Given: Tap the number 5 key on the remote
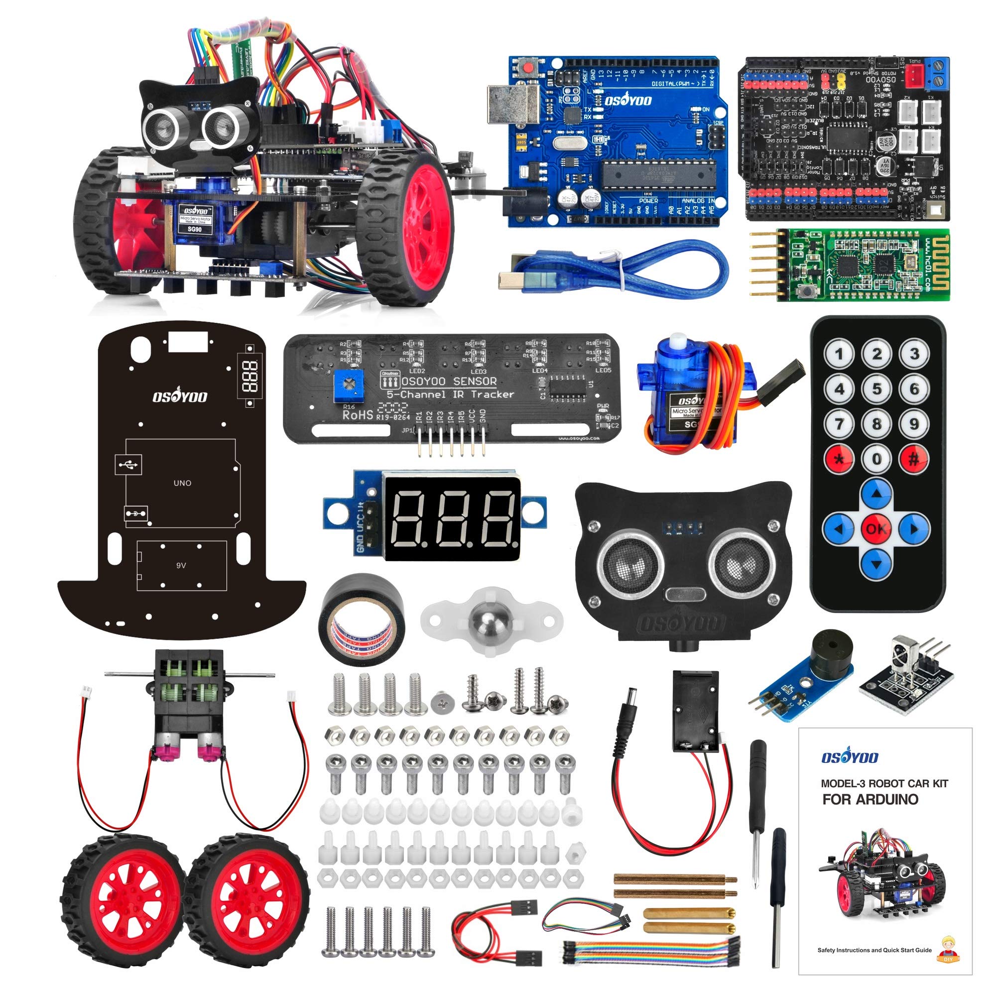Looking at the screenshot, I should coord(876,389).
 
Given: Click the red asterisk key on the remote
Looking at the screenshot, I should coord(839,459).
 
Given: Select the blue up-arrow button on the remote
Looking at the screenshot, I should coord(876,494).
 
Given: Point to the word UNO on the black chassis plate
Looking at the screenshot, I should coord(182,483).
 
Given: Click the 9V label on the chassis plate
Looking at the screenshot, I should coord(181,565).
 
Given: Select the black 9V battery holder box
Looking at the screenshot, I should coord(695,711).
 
